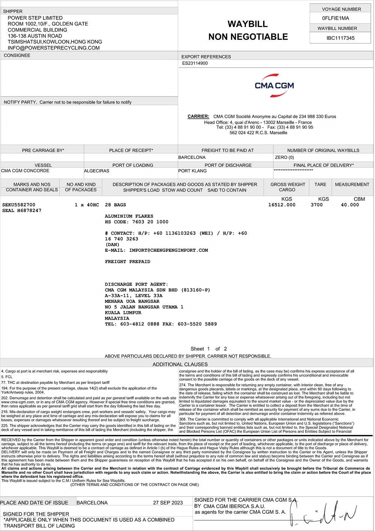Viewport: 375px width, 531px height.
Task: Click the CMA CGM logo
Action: click(274, 86)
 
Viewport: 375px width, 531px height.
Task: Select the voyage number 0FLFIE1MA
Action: click(335, 18)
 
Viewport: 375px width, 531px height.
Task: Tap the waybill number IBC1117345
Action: click(340, 38)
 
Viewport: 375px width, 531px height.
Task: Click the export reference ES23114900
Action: click(195, 63)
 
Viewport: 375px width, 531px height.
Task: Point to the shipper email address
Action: click(54, 48)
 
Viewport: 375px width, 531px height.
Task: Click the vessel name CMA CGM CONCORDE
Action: click(25, 171)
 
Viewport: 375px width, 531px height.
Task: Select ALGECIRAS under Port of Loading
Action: click(97, 171)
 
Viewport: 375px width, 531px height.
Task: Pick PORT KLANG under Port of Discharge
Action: click(192, 171)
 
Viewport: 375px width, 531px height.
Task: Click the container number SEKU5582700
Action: click(19, 205)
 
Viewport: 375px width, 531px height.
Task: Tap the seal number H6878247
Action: click(22, 211)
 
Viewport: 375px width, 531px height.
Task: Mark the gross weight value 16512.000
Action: click(282, 205)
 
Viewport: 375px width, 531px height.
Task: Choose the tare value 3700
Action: click(316, 205)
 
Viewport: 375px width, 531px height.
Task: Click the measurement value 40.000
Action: click(350, 205)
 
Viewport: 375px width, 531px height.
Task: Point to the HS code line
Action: click(136, 222)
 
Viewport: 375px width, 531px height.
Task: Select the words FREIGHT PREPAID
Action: click(127, 262)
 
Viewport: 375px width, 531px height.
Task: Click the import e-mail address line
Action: click(156, 250)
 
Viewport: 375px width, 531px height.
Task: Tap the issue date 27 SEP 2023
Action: click(168, 503)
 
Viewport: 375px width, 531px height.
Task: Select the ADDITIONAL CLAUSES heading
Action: click(180, 364)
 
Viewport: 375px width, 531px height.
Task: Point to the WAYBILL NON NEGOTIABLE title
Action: click(248, 30)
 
